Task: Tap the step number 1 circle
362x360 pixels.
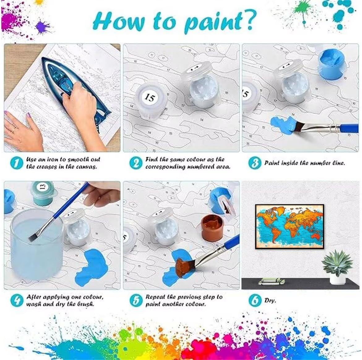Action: (17, 163)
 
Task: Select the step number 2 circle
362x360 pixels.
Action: (136, 163)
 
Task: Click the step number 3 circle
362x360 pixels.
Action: (255, 163)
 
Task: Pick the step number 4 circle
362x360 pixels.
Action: (17, 300)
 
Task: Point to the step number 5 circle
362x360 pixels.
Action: (136, 300)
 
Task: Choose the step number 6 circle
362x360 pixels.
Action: (255, 300)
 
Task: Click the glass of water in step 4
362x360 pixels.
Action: (37, 245)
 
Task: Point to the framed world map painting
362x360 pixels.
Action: (290, 226)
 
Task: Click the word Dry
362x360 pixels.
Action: (270, 300)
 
